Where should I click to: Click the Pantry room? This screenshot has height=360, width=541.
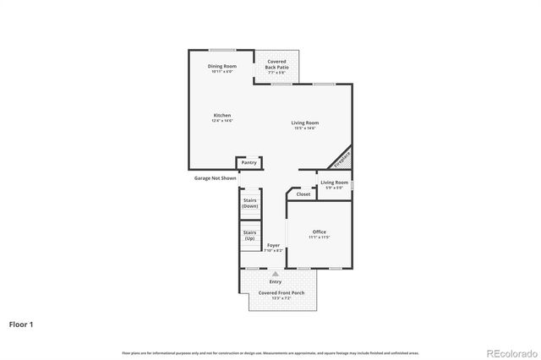pos(249,162)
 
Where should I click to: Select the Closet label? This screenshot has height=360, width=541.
pos(303,194)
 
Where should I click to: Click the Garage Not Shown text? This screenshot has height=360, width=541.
pos(215,178)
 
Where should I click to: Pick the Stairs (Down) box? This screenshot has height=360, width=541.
pos(250,203)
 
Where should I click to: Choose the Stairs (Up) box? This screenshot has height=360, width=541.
pos(250,235)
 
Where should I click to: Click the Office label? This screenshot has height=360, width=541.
pos(319,234)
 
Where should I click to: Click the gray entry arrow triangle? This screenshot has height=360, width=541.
pos(275,274)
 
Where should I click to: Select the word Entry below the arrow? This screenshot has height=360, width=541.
pos(275,281)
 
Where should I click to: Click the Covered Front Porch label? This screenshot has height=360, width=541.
pos(276,295)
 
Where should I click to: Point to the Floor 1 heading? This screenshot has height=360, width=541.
pos(22,324)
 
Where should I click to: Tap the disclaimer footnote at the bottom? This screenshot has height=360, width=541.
pos(270,352)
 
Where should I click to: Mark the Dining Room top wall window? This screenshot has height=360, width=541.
pos(222,50)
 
